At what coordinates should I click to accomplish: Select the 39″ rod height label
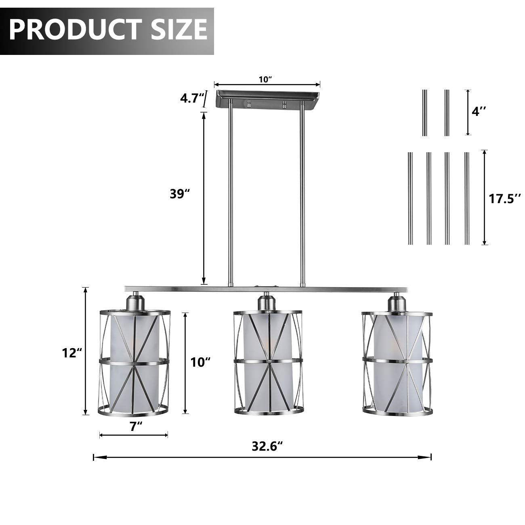click(180, 194)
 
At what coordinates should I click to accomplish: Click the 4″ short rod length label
click(479, 111)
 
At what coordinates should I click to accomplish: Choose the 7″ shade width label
click(136, 426)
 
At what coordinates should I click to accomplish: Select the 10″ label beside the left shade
click(201, 362)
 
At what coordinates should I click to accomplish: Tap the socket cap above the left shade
click(134, 301)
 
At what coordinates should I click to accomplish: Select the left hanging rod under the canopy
click(230, 194)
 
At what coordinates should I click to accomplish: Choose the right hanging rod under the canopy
click(302, 194)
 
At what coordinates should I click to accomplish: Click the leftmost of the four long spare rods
click(410, 198)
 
